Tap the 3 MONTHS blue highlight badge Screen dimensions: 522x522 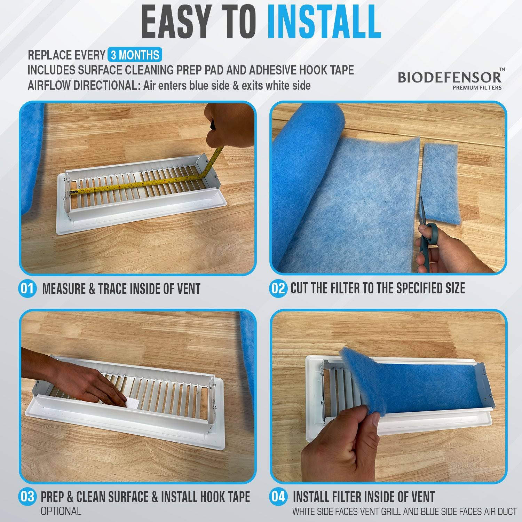(x=135, y=55)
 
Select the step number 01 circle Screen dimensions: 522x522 (x=27, y=288)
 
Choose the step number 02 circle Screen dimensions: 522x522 (x=278, y=288)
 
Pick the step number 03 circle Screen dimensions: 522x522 (x=27, y=497)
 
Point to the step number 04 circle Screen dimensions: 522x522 (x=278, y=497)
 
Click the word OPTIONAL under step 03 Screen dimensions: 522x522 (x=61, y=511)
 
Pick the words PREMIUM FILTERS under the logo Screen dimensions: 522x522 (x=477, y=88)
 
